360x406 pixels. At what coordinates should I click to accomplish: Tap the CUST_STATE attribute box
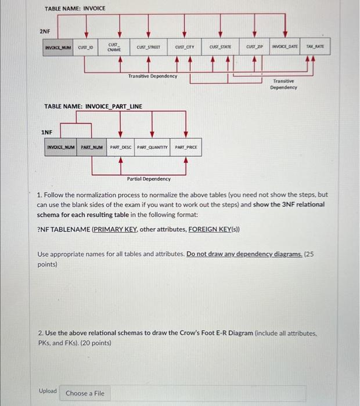(x=221, y=47)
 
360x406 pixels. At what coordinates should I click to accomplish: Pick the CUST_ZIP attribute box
(x=255, y=47)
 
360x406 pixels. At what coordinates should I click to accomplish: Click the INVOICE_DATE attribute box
(x=286, y=47)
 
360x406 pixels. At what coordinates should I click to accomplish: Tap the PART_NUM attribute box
(x=91, y=147)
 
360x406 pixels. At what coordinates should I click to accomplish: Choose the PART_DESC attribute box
(x=120, y=147)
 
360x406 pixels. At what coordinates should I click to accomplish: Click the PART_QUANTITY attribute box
(x=153, y=147)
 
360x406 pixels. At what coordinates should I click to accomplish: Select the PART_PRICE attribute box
(x=186, y=147)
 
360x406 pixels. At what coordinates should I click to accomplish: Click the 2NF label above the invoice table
(x=45, y=31)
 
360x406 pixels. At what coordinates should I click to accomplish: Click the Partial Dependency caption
(x=149, y=179)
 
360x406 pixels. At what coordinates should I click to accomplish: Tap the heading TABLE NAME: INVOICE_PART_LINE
(x=93, y=107)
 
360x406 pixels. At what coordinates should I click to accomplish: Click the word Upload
(x=48, y=391)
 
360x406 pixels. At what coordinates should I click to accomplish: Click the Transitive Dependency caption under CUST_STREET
(x=152, y=76)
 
